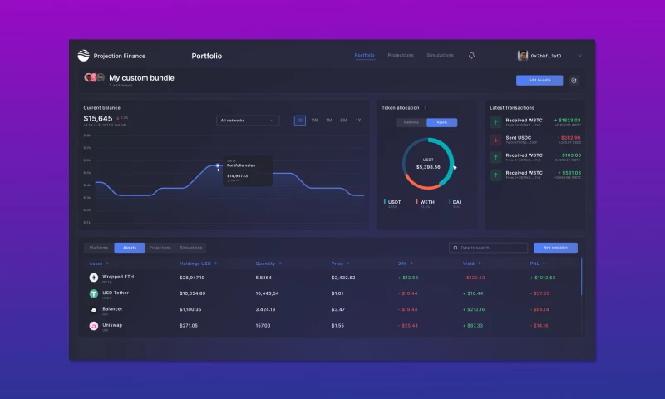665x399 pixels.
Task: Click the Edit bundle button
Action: [539, 81]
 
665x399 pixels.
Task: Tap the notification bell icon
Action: [472, 56]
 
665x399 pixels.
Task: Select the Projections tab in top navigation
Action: [401, 56]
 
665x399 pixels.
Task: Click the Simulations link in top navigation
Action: [440, 56]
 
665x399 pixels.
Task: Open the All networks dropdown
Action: [248, 121]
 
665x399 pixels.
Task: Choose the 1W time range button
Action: [314, 121]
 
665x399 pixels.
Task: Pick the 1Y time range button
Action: [358, 121]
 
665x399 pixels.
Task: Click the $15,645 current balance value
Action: [98, 119]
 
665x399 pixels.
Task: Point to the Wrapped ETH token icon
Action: [94, 278]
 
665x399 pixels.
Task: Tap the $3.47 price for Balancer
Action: [338, 309]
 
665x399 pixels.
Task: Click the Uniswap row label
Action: [112, 325]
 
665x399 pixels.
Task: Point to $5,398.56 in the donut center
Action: [428, 167]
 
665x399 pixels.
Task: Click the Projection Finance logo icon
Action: [83, 56]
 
